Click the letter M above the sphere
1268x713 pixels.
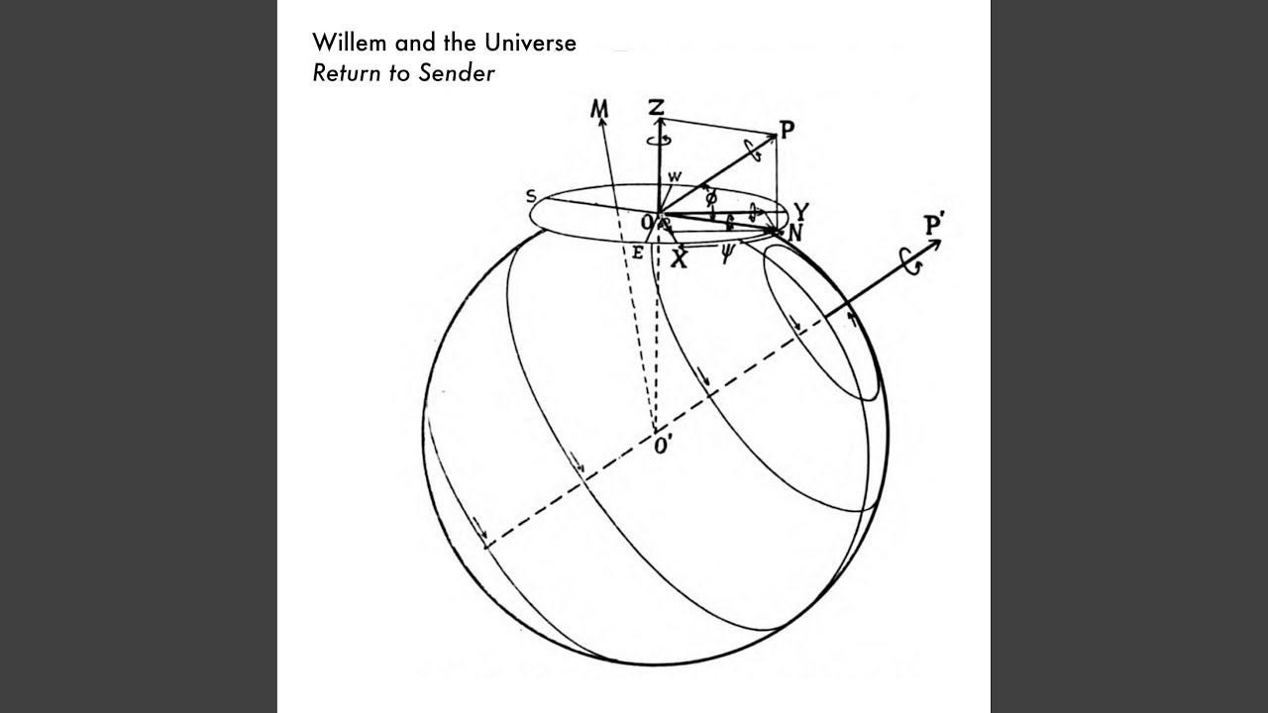pos(599,109)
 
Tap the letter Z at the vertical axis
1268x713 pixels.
pos(656,107)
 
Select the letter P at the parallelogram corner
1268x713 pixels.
pos(788,130)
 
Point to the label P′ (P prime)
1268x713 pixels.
pos(933,225)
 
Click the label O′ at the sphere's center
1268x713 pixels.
pos(662,447)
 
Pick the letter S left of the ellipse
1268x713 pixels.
pos(531,196)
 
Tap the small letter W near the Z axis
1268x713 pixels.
pos(675,176)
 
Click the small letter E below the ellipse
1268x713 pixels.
pos(637,253)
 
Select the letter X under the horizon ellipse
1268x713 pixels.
pos(679,259)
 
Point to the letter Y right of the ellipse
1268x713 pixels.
pos(801,211)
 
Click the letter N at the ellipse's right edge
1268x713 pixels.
pos(795,233)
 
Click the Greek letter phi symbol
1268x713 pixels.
pos(711,198)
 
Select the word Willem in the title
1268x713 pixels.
pos(350,43)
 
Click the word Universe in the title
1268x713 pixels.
pos(530,43)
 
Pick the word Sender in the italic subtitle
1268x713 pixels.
pos(457,73)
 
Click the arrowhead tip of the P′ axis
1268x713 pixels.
pos(941,241)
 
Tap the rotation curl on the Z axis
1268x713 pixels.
pos(660,140)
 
